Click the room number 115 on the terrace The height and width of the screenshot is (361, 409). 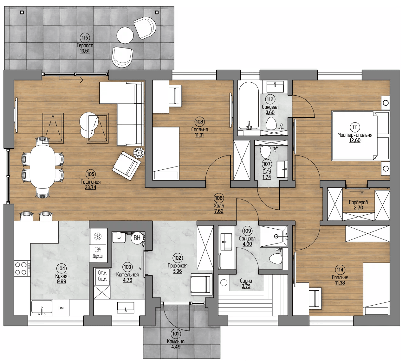(x=85, y=37)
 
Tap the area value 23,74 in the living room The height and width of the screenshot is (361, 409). (x=90, y=187)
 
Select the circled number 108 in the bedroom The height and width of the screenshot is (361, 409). (x=199, y=122)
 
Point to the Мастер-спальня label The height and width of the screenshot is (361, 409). (x=355, y=135)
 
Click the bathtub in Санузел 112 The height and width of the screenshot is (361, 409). (x=249, y=106)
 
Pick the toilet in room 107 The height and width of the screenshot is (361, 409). (x=265, y=152)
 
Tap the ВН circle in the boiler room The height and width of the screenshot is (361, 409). (x=137, y=238)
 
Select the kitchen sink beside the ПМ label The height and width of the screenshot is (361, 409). (x=42, y=307)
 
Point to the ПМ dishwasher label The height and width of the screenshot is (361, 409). (x=61, y=308)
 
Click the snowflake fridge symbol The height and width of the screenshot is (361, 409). (x=98, y=236)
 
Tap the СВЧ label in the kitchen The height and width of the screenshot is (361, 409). (x=98, y=250)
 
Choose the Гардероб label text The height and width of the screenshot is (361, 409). (x=358, y=202)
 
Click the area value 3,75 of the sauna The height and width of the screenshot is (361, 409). (x=246, y=286)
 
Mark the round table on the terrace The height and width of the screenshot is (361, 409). (x=125, y=35)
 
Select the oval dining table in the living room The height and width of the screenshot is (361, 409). (x=42, y=167)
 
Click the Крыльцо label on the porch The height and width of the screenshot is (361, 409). (x=176, y=341)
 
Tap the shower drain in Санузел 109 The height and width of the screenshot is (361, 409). (x=276, y=236)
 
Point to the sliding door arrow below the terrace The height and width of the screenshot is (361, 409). (x=71, y=80)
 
